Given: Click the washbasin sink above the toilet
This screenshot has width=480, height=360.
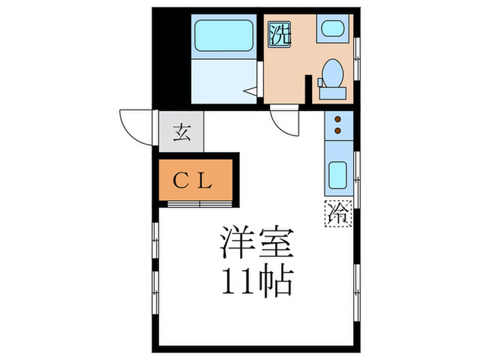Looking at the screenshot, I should pyautogui.click(x=332, y=30).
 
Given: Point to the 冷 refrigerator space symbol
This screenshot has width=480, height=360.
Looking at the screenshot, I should pyautogui.click(x=337, y=213).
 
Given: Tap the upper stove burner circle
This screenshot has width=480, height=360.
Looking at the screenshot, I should pyautogui.click(x=337, y=119).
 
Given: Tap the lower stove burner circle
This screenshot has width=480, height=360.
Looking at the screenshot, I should pyautogui.click(x=337, y=128).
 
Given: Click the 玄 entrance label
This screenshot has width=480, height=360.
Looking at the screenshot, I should pyautogui.click(x=181, y=131).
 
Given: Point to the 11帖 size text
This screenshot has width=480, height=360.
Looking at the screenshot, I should pyautogui.click(x=256, y=280).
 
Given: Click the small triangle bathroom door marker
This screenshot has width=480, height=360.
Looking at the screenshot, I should pyautogui.click(x=250, y=89).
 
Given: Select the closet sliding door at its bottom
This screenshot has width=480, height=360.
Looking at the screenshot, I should pyautogui.click(x=199, y=204).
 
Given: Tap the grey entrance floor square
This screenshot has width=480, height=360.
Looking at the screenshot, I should pyautogui.click(x=181, y=131).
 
